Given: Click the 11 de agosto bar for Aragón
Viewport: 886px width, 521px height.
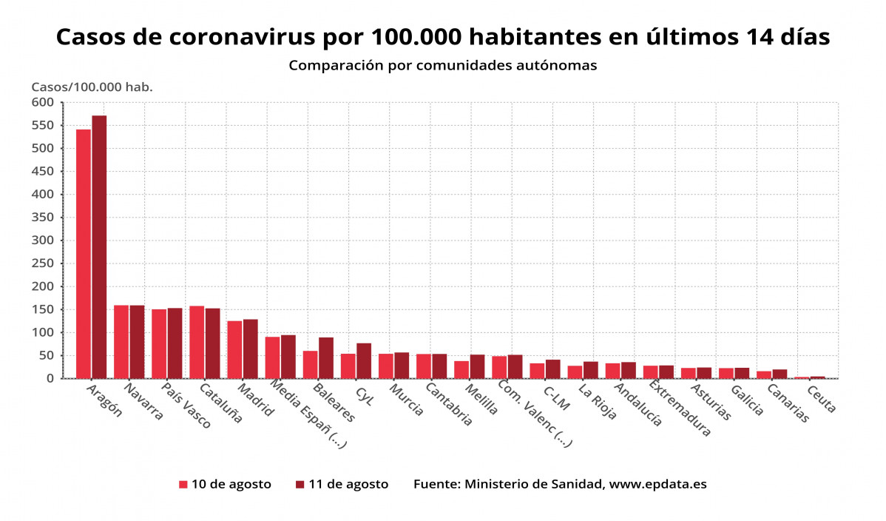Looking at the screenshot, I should [99, 247].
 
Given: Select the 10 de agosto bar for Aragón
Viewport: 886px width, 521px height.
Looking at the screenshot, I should [84, 254].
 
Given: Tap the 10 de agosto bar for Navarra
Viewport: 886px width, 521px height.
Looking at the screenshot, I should [121, 342].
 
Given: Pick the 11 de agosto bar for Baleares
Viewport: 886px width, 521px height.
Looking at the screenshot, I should [326, 358].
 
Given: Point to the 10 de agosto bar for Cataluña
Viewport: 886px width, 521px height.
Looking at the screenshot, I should [197, 342].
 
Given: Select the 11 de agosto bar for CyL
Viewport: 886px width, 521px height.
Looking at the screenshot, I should [364, 361].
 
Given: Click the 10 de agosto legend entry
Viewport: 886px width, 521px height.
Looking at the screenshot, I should [224, 485].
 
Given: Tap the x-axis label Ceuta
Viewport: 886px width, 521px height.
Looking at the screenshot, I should [822, 399].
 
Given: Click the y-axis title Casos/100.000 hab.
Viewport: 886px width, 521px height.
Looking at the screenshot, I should [92, 87].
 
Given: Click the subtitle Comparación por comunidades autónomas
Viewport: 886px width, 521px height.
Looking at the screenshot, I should [442, 65].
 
